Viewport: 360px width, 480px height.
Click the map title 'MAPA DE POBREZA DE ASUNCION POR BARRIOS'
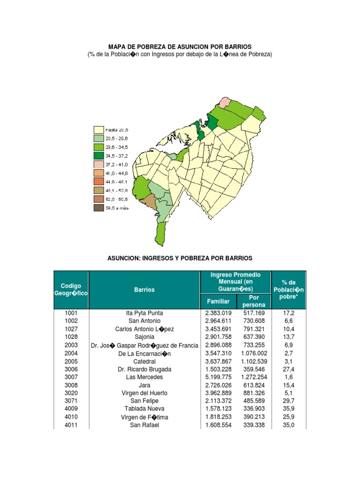click(180, 47)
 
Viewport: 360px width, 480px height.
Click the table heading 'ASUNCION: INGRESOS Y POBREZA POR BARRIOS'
click(180, 258)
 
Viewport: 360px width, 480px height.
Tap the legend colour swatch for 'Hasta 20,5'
click(98, 129)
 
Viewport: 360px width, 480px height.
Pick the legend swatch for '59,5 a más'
click(98, 208)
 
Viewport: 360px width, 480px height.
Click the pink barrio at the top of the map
click(225, 102)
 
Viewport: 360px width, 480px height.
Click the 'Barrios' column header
click(144, 290)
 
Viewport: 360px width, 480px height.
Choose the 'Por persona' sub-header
click(254, 301)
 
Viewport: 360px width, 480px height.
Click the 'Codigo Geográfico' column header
click(71, 290)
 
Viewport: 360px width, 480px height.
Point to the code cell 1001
click(71, 313)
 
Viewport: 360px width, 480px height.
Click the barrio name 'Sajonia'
click(144, 337)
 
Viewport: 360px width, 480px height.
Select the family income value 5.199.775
click(218, 377)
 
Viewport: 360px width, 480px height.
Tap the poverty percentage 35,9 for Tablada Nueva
click(289, 409)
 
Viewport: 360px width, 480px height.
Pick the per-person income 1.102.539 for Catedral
click(253, 361)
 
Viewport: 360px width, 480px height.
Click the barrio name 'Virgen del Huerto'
click(144, 393)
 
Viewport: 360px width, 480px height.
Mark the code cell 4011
click(71, 425)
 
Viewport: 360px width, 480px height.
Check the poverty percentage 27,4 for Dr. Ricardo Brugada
click(289, 369)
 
